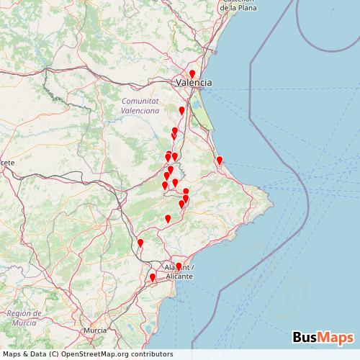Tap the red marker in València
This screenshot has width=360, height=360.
(192, 73)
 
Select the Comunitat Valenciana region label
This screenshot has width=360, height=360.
(140, 106)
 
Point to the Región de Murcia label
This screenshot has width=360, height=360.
(27, 318)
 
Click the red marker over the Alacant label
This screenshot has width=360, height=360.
(179, 267)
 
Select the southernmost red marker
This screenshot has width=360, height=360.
(152, 277)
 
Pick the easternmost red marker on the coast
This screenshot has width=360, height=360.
(220, 161)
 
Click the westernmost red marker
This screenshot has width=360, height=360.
(140, 243)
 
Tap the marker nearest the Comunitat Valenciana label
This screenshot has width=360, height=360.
(181, 111)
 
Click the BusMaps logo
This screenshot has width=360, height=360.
(323, 337)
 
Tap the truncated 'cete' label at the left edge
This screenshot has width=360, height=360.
(7, 163)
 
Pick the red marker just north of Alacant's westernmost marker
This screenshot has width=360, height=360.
(140, 243)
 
